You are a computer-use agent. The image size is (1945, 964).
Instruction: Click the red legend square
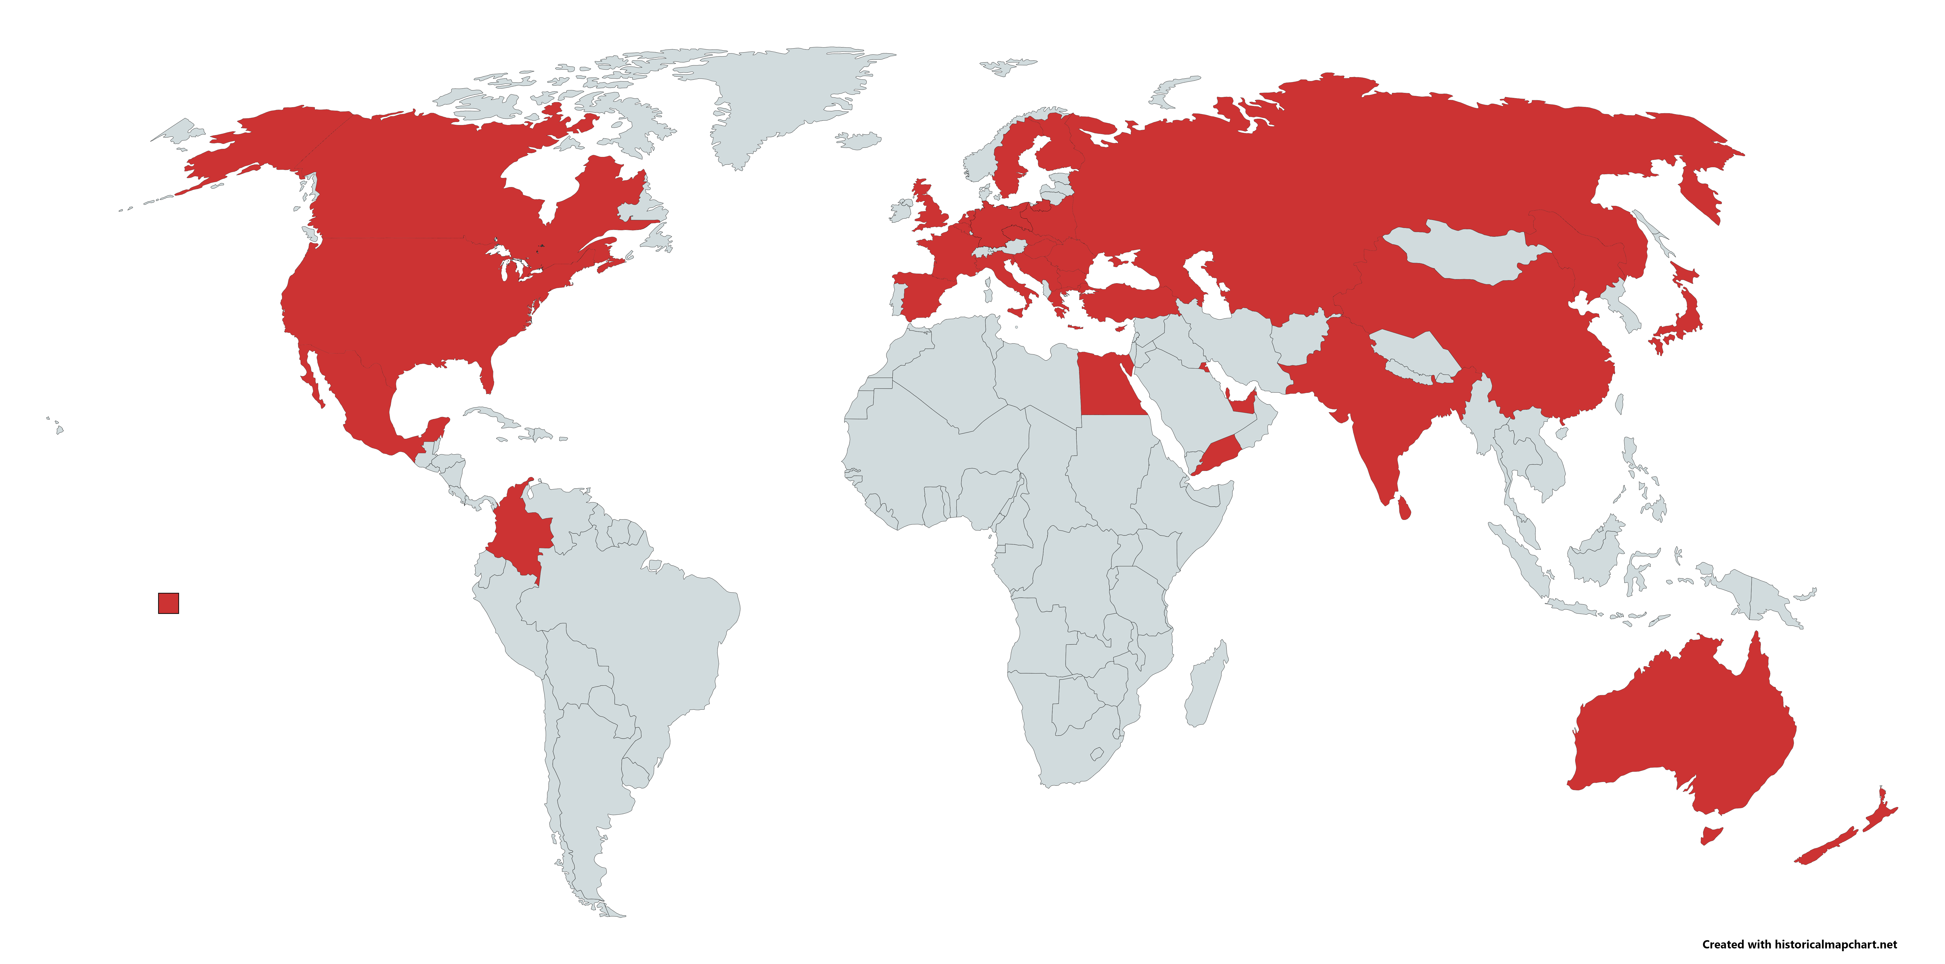168,603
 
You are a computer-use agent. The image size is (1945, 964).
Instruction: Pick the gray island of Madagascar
1207,684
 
